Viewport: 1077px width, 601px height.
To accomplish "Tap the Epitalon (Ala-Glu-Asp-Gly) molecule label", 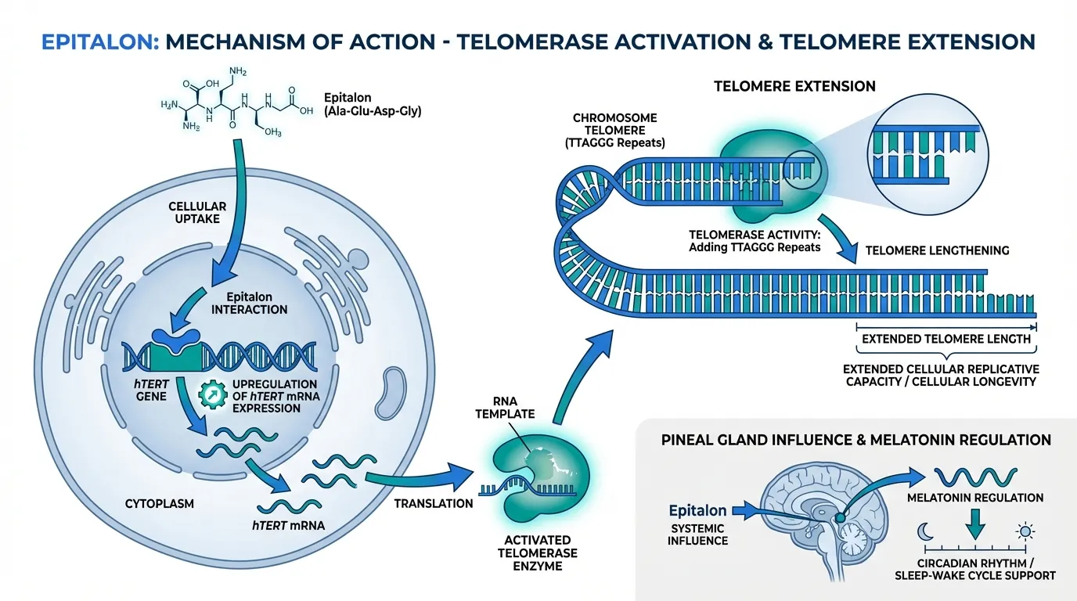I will [372, 105].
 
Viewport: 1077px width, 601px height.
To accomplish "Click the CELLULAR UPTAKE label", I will [197, 213].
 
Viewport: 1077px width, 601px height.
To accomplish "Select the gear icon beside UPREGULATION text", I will [212, 393].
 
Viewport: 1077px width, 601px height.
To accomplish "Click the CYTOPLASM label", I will [159, 504].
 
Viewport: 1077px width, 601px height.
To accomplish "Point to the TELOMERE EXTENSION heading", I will [794, 86].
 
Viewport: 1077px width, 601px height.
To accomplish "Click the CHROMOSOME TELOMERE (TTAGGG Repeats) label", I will [614, 131].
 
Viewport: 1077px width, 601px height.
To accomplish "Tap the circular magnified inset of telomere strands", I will [925, 148].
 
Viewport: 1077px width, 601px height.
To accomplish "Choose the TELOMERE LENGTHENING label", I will [937, 251].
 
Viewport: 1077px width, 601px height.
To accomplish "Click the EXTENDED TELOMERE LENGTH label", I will [946, 340].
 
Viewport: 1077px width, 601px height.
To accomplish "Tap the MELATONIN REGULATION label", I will [974, 498].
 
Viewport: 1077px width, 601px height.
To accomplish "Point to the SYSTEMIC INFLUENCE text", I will [698, 534].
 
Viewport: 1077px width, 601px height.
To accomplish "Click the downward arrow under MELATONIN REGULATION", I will [974, 522].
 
